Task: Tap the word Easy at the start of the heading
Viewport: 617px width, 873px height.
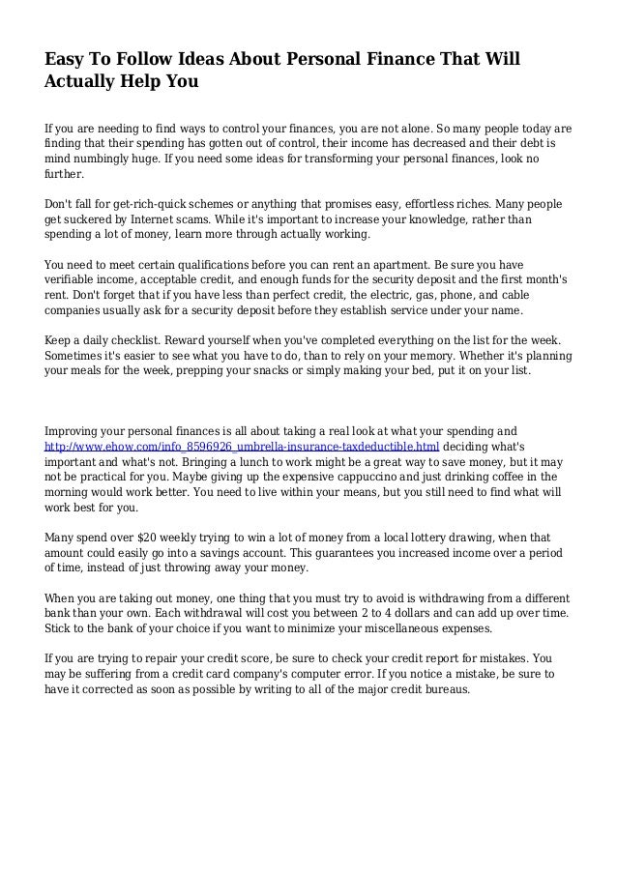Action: coord(67,60)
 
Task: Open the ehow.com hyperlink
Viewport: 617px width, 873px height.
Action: coord(243,446)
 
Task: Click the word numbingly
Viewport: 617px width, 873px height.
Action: coord(103,158)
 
